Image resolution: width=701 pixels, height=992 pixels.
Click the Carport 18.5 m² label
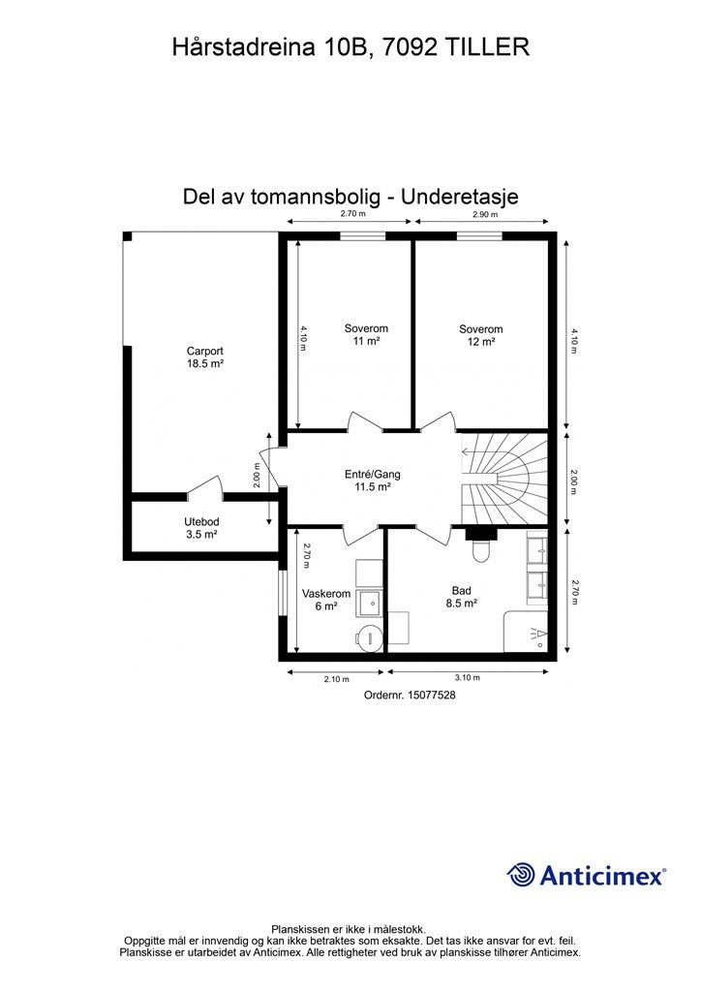[205, 357]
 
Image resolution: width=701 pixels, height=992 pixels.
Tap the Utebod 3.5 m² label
[201, 527]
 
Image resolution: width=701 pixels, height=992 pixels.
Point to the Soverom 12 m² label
[481, 334]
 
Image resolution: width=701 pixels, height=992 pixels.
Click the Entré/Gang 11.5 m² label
[372, 481]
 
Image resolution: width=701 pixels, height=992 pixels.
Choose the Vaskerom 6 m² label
[325, 600]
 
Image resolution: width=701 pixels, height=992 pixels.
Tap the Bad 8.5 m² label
[462, 597]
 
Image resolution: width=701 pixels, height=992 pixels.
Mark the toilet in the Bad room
[480, 548]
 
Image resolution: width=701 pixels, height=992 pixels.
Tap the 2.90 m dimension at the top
[486, 214]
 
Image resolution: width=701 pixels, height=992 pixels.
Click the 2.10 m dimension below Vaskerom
[336, 679]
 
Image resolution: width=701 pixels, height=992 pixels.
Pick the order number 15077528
[409, 695]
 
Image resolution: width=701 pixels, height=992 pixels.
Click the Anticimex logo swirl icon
[521, 875]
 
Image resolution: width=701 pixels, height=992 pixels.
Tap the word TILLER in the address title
[487, 46]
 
